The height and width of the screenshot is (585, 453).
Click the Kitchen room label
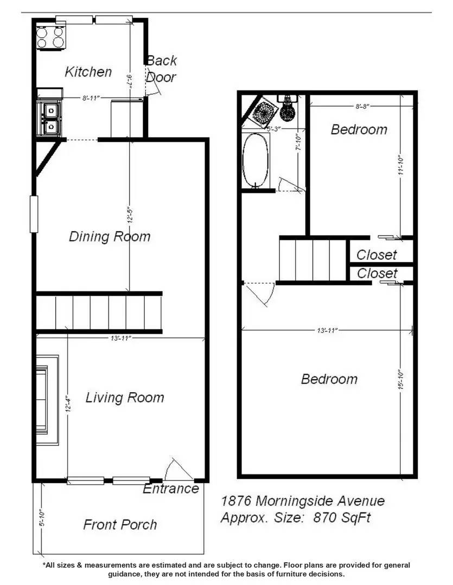coord(88,72)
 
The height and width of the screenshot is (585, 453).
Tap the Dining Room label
coord(110,237)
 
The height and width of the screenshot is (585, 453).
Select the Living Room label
coord(124,398)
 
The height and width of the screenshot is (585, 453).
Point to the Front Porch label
coord(120,524)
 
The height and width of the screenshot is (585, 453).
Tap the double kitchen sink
coord(49,118)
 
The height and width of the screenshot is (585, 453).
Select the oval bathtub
coord(255,160)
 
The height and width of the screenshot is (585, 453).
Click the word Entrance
coord(170,489)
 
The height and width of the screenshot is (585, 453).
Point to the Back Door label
coord(161,69)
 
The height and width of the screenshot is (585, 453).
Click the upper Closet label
coord(377,255)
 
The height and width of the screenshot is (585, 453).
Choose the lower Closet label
coord(377,273)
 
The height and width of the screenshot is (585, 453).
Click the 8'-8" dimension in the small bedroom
coord(362,107)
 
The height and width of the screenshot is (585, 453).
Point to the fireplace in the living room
coord(47,400)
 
